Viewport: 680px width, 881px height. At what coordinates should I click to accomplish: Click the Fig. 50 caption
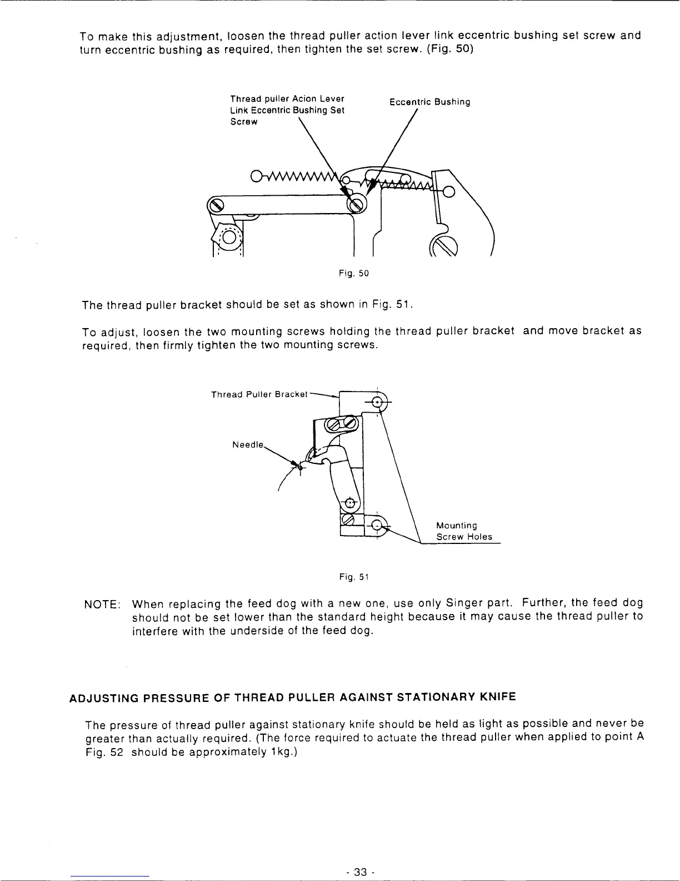[x=354, y=274]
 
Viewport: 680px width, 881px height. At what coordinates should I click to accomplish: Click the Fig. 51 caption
[x=354, y=577]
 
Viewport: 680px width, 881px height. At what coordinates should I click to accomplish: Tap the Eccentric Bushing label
[x=429, y=102]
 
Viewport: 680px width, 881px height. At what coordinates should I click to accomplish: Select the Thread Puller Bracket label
[x=259, y=394]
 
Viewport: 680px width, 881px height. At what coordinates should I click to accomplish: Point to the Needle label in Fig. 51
[x=246, y=445]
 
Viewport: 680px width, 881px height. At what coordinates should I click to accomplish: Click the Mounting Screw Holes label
[x=464, y=531]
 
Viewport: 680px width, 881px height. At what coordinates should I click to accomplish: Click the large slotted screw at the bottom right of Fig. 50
[x=444, y=246]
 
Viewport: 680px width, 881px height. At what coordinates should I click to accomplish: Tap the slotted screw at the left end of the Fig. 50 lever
[x=215, y=207]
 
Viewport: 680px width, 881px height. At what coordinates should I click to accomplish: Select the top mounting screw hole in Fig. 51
[x=378, y=402]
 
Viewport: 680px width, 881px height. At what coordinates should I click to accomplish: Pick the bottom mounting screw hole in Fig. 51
[x=377, y=524]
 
